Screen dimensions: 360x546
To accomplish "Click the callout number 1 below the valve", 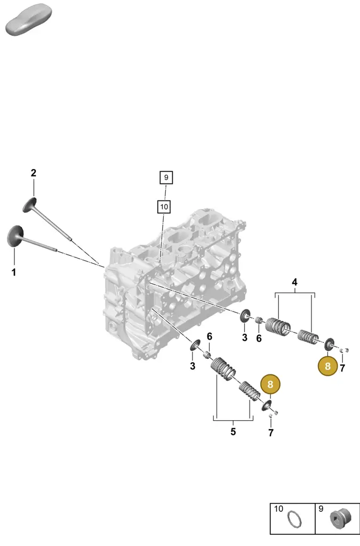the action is (14, 272).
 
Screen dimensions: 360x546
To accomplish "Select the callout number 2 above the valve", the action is (34, 173).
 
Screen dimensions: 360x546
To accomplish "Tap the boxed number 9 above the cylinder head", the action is (166, 178).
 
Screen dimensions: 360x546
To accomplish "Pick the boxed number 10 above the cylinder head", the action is (164, 207).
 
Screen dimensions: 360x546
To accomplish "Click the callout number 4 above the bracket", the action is (294, 282).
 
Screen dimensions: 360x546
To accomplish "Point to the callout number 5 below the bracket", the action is (233, 432).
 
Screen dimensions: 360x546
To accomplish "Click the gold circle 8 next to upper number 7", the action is (327, 366).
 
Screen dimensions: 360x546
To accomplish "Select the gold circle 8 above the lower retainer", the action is (270, 385).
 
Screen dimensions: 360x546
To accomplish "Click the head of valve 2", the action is (29, 205).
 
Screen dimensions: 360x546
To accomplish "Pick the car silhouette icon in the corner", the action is (29, 20).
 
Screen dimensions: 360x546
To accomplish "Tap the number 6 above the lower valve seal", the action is (209, 337).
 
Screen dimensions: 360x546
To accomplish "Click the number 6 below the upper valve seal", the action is (259, 338).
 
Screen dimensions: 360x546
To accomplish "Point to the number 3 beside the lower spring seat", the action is (193, 366).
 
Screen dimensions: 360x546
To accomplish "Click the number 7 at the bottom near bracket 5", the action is (271, 432).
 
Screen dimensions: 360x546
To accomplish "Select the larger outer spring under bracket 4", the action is (278, 327).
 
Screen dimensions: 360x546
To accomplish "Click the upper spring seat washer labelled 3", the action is (245, 316).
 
